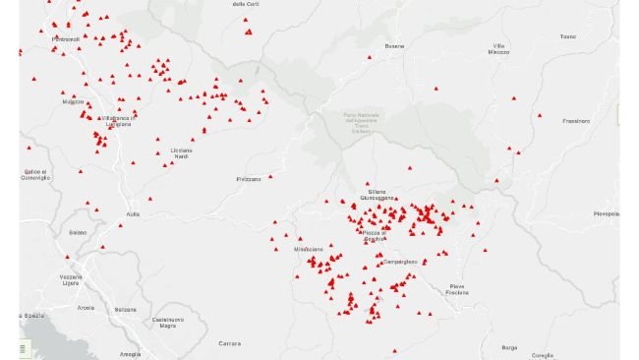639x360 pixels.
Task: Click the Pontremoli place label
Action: [x=66, y=39]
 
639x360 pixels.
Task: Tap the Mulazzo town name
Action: [x=73, y=101]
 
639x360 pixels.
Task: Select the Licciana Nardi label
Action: [x=182, y=152]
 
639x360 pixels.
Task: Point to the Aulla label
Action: [x=134, y=213]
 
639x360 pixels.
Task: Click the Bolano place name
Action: [x=78, y=232]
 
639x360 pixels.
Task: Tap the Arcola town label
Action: [x=87, y=308]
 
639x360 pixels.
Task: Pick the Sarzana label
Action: [x=125, y=309]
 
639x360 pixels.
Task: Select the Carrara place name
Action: [x=229, y=343]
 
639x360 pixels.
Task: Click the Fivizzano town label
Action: [x=249, y=179]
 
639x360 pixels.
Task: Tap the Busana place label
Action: [x=395, y=46]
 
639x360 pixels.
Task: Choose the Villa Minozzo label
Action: [x=500, y=49]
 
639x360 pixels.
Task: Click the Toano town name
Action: [x=566, y=36]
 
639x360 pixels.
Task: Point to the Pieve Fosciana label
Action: [x=457, y=290]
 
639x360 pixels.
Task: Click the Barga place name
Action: [x=508, y=347]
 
